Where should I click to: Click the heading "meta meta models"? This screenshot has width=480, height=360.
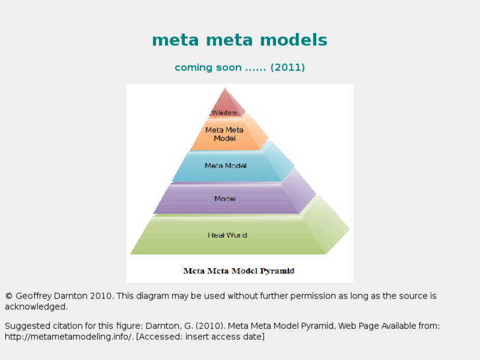[240, 40]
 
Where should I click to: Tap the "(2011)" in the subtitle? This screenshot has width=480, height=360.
[287, 67]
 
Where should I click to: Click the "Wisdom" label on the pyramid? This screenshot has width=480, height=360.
[224, 112]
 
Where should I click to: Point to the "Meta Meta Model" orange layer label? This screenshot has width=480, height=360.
[224, 134]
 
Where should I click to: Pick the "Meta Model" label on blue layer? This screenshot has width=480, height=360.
[225, 166]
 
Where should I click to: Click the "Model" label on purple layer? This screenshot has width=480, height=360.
[225, 199]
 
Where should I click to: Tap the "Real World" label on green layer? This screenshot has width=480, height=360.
[227, 235]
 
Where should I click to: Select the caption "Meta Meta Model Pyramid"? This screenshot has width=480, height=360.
[238, 271]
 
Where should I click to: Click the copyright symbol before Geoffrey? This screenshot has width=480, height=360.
[9, 297]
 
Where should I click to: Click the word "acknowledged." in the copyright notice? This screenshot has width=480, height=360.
[36, 307]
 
